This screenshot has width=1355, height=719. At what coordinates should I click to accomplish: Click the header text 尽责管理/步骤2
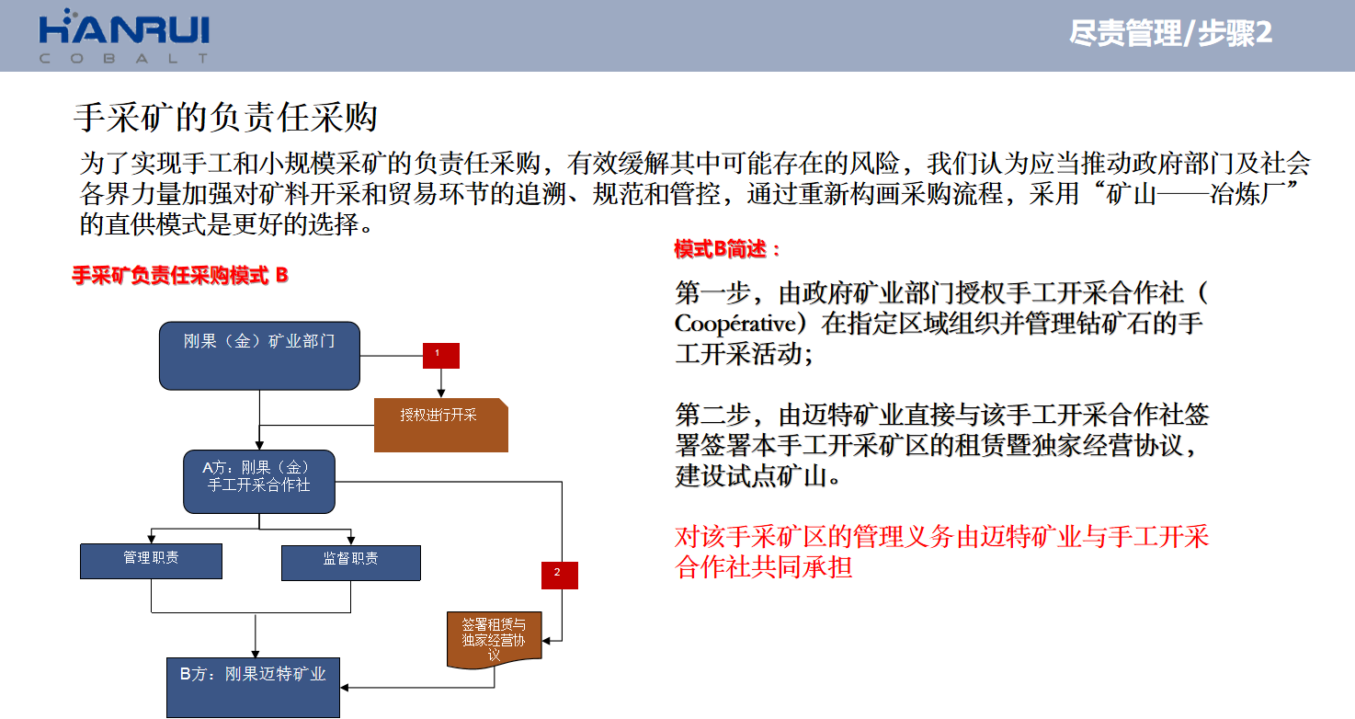tap(1170, 33)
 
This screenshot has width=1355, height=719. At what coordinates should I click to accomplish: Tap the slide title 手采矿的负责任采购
tap(225, 117)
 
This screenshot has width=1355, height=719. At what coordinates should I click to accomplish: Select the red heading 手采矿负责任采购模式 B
tap(180, 276)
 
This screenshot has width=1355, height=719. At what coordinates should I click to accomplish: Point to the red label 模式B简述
tap(726, 249)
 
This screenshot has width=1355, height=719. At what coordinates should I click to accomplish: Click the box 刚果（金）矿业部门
tap(259, 356)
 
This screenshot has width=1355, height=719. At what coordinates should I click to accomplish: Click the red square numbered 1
tap(441, 355)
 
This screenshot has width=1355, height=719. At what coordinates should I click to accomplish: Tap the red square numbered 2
tap(560, 575)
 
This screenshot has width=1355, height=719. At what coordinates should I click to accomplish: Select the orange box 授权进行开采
tap(441, 425)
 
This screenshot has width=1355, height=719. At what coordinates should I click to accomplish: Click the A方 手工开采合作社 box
tap(259, 482)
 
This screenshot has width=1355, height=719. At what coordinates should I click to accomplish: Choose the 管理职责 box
tap(152, 561)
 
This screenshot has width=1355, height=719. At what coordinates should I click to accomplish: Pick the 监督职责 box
tap(351, 563)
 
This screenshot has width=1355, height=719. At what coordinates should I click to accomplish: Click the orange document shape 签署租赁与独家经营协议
tap(495, 640)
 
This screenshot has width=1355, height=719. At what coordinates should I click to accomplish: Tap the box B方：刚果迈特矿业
tap(254, 688)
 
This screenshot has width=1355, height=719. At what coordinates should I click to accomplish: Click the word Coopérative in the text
tap(735, 324)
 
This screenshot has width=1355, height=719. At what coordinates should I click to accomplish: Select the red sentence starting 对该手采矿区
tap(942, 552)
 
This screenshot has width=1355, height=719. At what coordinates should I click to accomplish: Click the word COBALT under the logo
tap(124, 59)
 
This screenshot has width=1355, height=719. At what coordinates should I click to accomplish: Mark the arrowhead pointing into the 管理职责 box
tap(152, 539)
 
